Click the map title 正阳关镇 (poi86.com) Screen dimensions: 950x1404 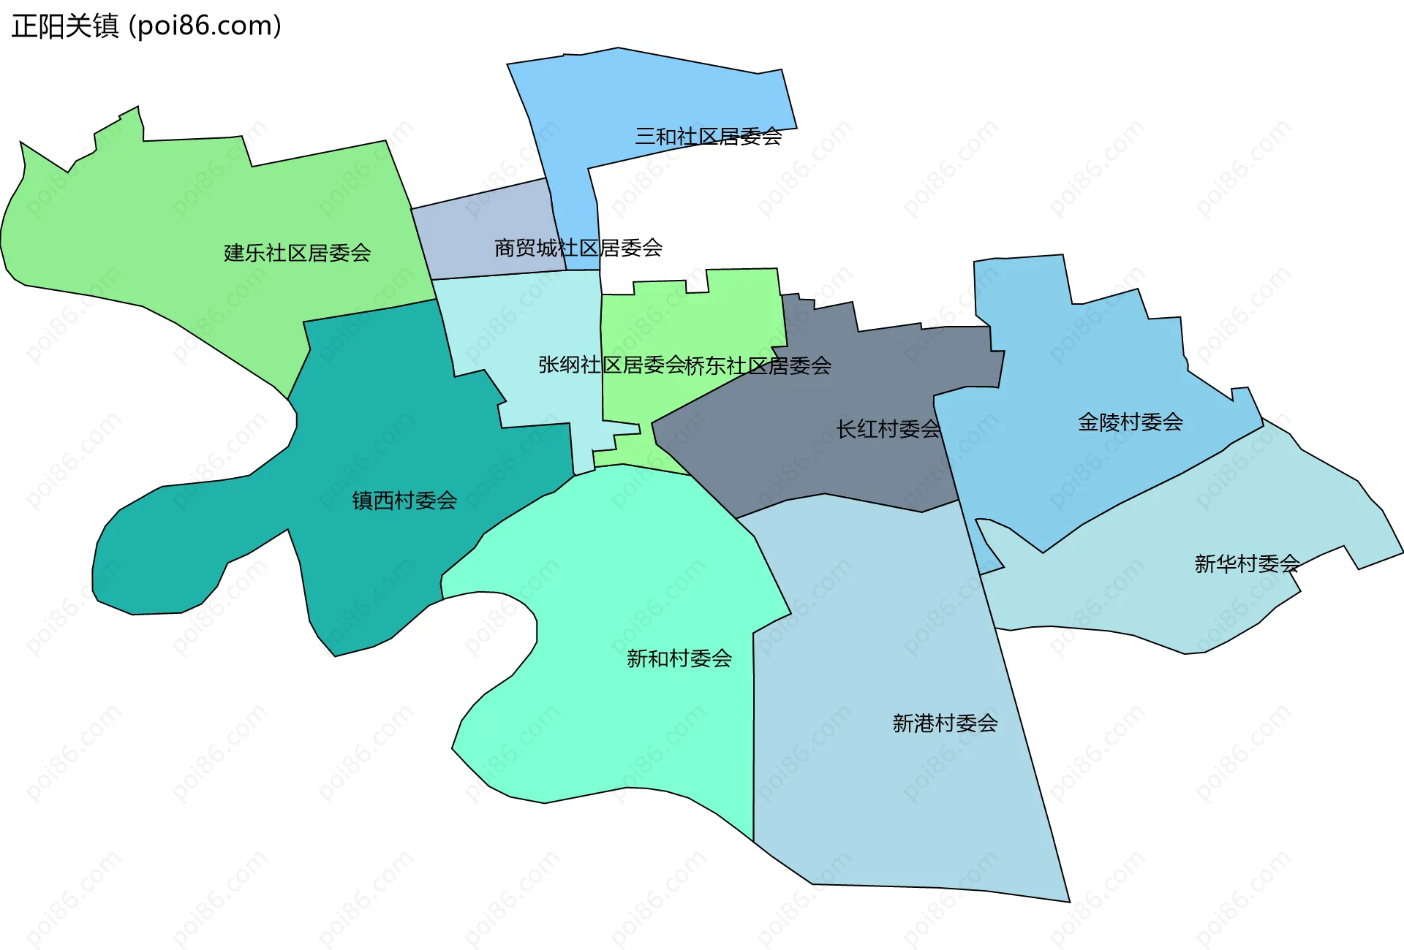click(146, 26)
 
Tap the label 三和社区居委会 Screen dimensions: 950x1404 click(708, 137)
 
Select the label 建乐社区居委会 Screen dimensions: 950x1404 click(297, 253)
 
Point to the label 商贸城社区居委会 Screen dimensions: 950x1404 click(578, 248)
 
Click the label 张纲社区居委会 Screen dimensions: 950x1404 click(611, 365)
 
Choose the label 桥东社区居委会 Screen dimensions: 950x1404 click(758, 365)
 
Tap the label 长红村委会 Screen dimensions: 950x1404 click(888, 429)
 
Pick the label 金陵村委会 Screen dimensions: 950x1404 click(1130, 422)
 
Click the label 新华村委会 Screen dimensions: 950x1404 click(1247, 563)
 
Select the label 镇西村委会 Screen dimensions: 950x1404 click(404, 501)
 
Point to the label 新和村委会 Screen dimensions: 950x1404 click(679, 658)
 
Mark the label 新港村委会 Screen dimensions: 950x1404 click(945, 723)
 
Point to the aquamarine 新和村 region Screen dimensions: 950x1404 click(643, 731)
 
